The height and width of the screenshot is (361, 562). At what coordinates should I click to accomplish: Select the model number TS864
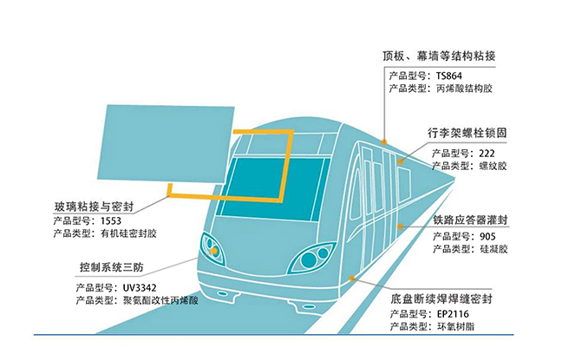(457, 75)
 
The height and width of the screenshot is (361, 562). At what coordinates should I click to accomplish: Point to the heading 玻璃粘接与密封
(90, 206)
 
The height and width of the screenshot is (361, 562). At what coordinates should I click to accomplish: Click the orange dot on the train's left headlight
(214, 250)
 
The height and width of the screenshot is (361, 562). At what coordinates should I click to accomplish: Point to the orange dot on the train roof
(383, 140)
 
